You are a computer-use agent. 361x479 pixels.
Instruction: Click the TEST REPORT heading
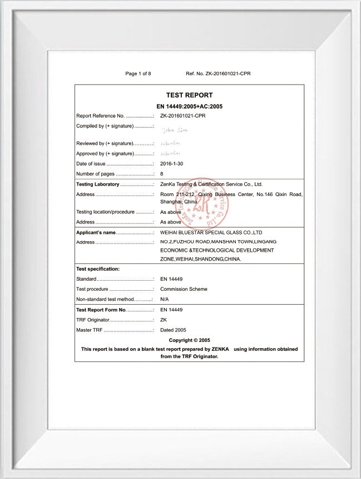(x=189, y=95)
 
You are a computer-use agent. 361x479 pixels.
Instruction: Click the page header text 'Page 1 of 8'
(x=138, y=74)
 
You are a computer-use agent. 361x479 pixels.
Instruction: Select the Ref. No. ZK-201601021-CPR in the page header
(x=218, y=74)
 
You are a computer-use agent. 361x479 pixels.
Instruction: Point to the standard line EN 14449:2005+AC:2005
(x=189, y=106)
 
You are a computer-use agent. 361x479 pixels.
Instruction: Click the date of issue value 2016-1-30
(x=171, y=164)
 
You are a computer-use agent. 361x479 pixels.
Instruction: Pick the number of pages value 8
(x=161, y=174)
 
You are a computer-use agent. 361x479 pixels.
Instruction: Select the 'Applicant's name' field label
(x=96, y=232)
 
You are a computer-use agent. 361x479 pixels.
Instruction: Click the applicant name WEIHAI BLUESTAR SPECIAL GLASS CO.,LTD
(x=210, y=232)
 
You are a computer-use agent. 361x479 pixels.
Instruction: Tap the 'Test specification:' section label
(x=98, y=269)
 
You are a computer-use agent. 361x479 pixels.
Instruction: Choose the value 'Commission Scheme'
(x=184, y=289)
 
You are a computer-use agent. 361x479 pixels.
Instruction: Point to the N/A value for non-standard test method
(x=165, y=299)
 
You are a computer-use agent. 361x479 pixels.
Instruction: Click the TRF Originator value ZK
(x=164, y=320)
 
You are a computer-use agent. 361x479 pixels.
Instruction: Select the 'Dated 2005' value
(x=173, y=330)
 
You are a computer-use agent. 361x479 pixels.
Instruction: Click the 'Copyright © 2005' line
(x=189, y=340)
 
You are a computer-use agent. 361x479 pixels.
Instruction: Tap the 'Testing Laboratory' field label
(x=97, y=184)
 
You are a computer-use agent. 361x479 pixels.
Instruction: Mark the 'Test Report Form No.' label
(x=101, y=310)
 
